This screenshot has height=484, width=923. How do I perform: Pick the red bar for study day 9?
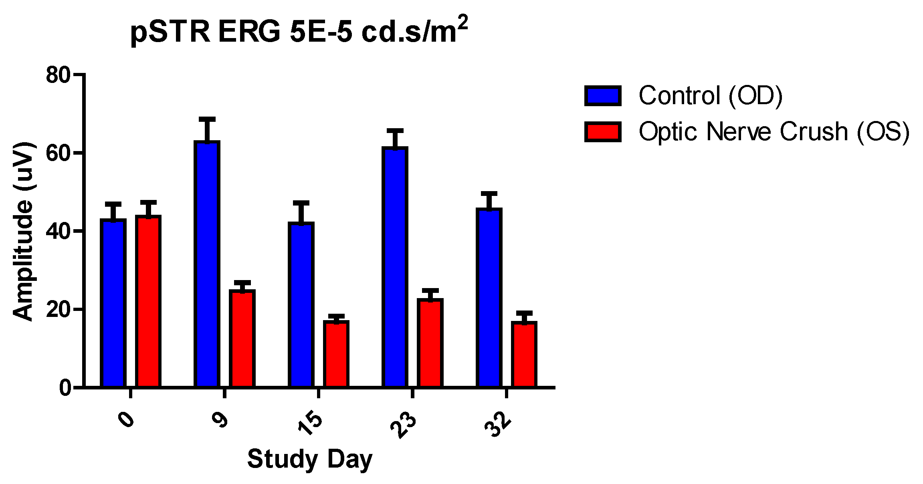click(x=242, y=338)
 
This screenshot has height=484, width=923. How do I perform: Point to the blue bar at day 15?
click(x=301, y=305)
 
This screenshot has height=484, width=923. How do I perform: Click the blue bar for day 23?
click(x=395, y=267)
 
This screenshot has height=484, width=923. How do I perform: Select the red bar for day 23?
click(x=430, y=343)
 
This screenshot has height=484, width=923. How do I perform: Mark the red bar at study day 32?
click(x=524, y=354)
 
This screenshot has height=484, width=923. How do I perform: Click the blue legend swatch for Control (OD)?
click(x=603, y=96)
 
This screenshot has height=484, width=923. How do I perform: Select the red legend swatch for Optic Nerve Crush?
click(x=603, y=132)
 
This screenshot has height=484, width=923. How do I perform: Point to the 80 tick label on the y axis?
click(x=58, y=75)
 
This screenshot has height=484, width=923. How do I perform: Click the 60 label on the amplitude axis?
click(x=58, y=153)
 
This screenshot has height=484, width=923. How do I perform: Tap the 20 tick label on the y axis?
click(x=58, y=309)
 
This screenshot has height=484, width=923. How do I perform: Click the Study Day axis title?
click(x=310, y=459)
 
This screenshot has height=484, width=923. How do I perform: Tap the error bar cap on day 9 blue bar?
click(x=207, y=119)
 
